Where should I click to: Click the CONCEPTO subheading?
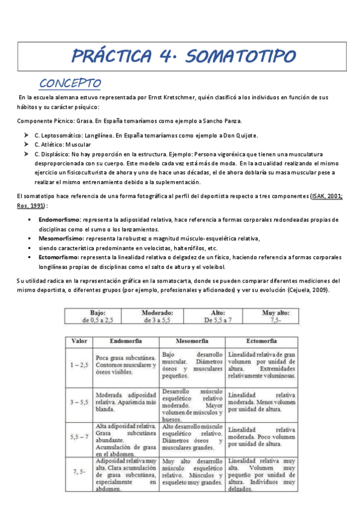70,82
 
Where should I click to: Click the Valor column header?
79,340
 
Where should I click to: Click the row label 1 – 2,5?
79,365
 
